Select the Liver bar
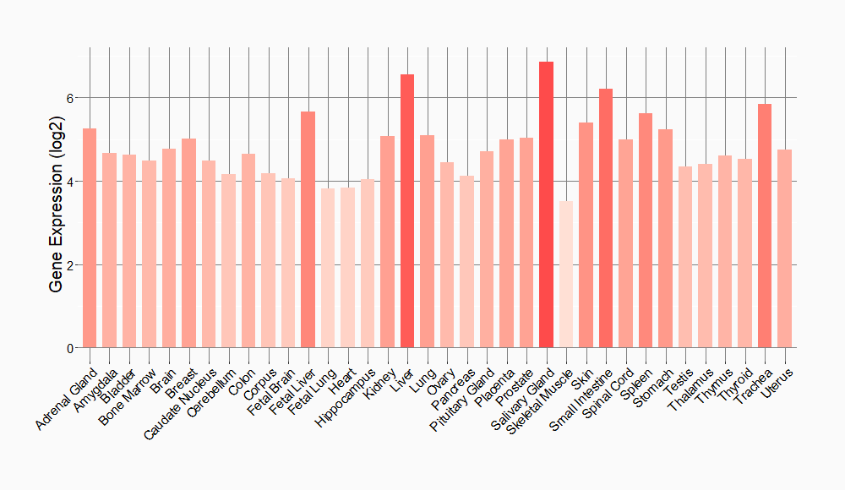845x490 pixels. [407, 211]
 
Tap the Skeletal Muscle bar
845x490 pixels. [566, 275]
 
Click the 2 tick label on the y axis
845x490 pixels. [72, 265]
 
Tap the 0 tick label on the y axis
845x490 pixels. [72, 348]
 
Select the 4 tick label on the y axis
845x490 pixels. [72, 182]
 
